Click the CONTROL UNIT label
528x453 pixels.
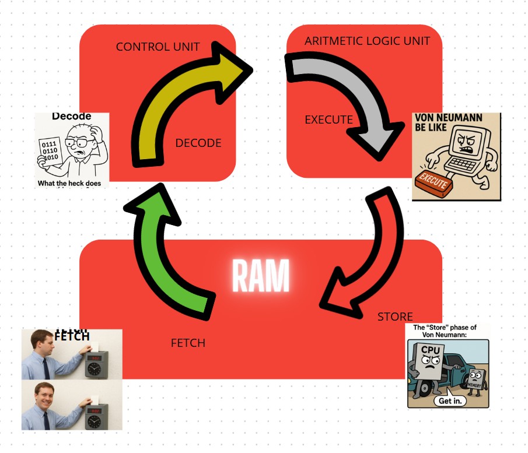click(158, 47)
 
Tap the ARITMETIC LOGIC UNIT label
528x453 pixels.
click(367, 41)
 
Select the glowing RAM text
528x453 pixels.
click(261, 276)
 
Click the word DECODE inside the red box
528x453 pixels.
click(198, 143)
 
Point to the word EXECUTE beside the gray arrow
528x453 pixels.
click(328, 120)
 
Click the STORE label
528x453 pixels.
click(395, 317)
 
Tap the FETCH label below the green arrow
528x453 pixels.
click(188, 343)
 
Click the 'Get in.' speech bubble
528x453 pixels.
click(450, 401)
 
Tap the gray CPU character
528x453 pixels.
click(429, 364)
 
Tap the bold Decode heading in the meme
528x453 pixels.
click(71, 117)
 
